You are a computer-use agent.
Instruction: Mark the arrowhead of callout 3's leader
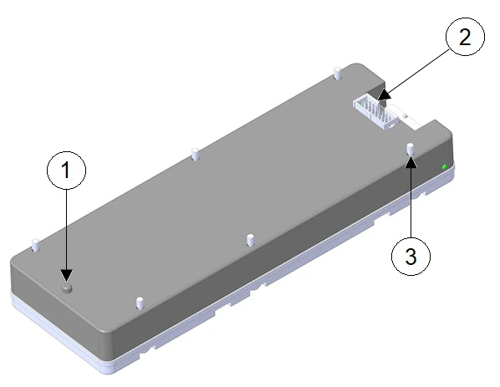pos(411,160)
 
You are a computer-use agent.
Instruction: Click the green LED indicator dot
pos(444,166)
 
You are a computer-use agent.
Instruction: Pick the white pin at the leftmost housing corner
pos(35,246)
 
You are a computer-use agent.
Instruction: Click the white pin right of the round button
pos(139,300)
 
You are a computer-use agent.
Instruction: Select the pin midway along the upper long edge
pos(194,154)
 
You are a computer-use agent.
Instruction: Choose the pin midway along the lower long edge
pos(250,240)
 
